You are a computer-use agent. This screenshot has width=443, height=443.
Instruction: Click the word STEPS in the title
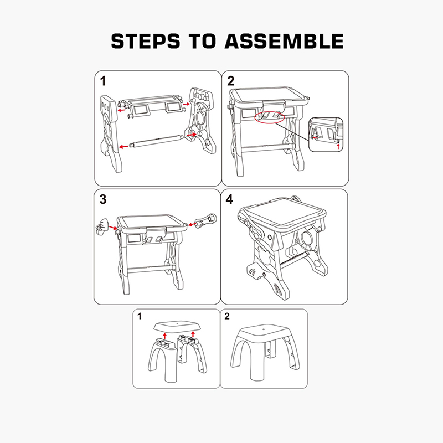(x=146, y=41)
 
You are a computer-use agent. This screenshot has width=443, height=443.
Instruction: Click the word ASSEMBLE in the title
(x=284, y=41)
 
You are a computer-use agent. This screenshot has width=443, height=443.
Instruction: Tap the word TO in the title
(x=202, y=41)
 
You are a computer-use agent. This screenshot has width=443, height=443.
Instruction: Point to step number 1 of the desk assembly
(x=103, y=81)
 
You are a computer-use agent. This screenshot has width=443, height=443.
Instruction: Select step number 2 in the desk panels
(x=231, y=81)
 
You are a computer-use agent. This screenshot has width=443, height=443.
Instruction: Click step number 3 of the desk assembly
(x=103, y=199)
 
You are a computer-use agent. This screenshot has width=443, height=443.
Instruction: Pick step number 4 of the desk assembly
(x=229, y=199)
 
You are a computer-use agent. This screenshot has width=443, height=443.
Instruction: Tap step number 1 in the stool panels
(x=140, y=316)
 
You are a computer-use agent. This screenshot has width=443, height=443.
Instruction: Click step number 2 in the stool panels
(x=227, y=316)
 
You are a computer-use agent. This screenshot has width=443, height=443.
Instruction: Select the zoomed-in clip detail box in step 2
(x=326, y=135)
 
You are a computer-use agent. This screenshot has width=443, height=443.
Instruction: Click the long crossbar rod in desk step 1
(x=156, y=141)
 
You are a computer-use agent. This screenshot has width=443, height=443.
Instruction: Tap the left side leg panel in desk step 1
(x=110, y=133)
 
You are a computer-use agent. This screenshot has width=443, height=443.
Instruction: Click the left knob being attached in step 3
(x=102, y=226)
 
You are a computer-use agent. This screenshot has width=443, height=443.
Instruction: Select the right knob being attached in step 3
(x=207, y=220)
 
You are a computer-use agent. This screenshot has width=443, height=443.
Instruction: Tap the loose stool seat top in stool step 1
(x=177, y=326)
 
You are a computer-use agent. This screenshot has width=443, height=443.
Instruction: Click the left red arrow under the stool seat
(x=165, y=336)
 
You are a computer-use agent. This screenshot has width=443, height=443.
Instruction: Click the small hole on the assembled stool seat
(x=263, y=329)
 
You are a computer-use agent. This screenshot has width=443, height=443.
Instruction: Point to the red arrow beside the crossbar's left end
(x=123, y=147)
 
